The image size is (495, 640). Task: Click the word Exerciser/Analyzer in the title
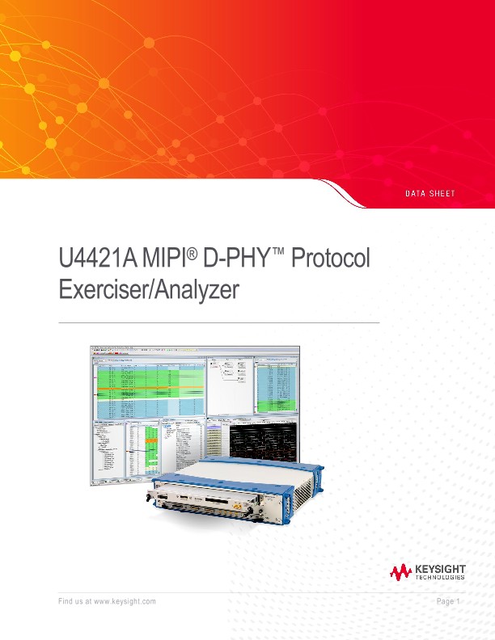(x=150, y=289)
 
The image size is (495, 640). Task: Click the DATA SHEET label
(x=429, y=194)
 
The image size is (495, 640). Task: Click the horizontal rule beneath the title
(x=219, y=323)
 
